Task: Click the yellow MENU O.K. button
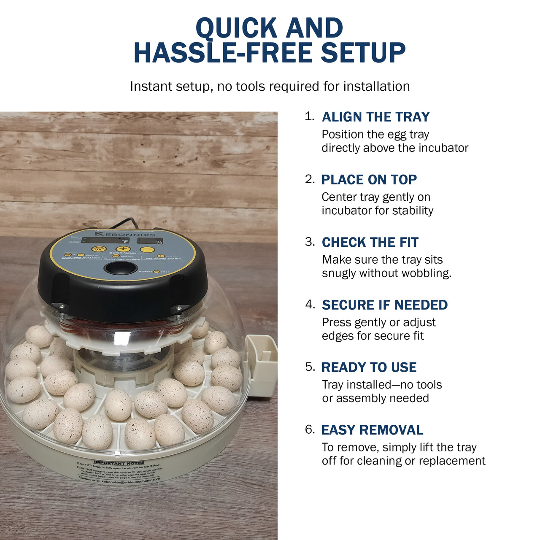click(98, 249)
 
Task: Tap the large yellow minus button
click(147, 250)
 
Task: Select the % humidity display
click(150, 241)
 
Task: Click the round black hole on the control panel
click(120, 267)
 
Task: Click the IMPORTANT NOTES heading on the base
click(119, 463)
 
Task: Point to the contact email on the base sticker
click(131, 481)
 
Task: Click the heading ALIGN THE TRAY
click(375, 117)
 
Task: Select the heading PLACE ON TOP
click(369, 180)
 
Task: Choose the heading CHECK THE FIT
click(370, 243)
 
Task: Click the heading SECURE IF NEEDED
click(384, 305)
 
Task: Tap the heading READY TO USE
click(369, 367)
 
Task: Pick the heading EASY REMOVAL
click(372, 430)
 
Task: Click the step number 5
click(310, 367)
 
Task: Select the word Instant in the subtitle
click(148, 86)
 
